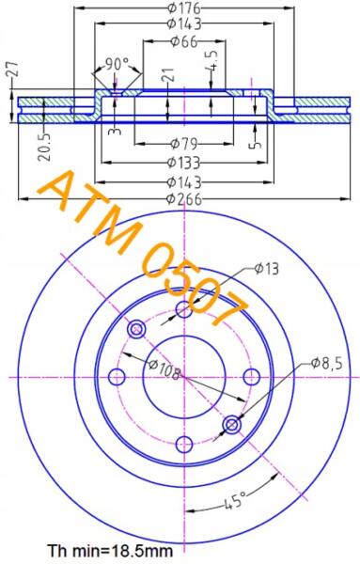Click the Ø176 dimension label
184,8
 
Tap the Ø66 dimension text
184,41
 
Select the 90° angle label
117,65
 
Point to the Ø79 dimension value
184,144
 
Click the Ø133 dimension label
184,163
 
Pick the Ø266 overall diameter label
184,199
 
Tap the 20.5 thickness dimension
46,146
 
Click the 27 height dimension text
12,69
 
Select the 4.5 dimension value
212,60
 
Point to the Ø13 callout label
266,268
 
